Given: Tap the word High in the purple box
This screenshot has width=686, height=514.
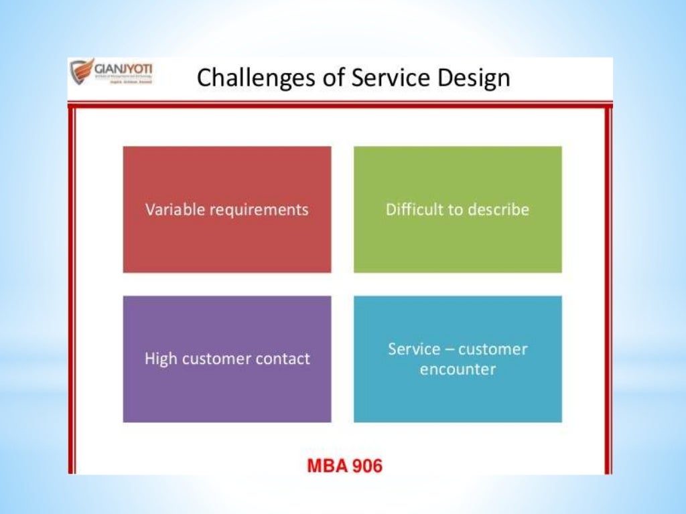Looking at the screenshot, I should (x=160, y=359).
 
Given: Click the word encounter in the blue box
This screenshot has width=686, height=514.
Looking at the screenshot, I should (x=458, y=369).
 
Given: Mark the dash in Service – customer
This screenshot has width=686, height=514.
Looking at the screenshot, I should (x=452, y=349).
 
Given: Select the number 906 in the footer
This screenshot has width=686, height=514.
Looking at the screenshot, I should (x=366, y=466).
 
